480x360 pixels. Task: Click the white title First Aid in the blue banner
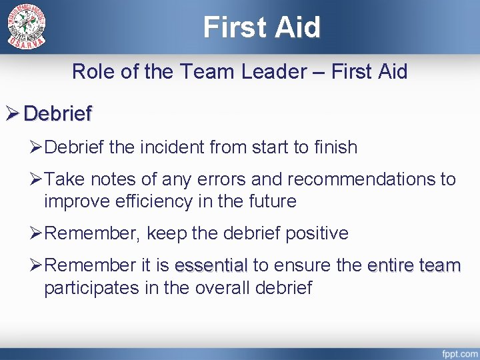tap(262, 27)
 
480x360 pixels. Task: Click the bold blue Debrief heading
tap(57, 114)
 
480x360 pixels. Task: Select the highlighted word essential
tap(210, 266)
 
